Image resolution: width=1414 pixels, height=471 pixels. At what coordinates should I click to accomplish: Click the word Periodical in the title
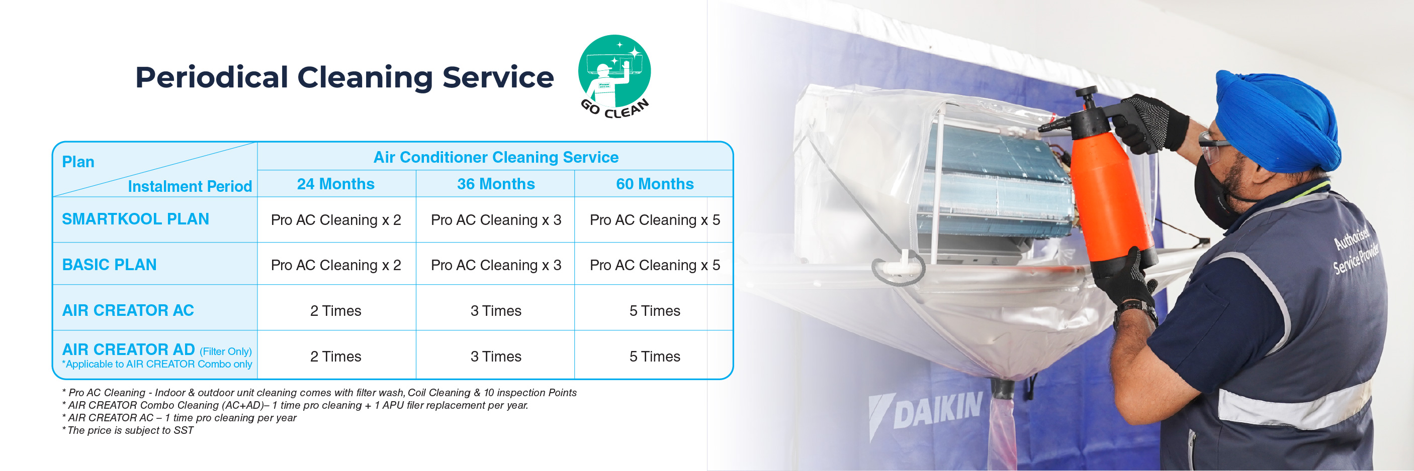click(211, 77)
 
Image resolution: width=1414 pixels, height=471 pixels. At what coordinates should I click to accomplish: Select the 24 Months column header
click(335, 184)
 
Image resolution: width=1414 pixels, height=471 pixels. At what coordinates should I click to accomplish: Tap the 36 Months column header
click(496, 184)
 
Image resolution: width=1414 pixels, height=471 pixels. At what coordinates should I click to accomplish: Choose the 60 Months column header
click(654, 184)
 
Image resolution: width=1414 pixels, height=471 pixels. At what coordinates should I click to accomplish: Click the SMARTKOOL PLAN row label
click(136, 219)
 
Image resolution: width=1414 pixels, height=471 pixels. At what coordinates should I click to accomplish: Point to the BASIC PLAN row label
click(109, 265)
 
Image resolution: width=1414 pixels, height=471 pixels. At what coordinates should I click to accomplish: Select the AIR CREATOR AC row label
click(128, 310)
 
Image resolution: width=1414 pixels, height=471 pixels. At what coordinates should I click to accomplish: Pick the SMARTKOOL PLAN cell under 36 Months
click(496, 220)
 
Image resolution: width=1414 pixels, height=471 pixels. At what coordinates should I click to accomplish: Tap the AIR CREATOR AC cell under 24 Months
click(335, 311)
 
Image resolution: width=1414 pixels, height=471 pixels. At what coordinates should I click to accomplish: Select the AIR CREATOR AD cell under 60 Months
click(654, 357)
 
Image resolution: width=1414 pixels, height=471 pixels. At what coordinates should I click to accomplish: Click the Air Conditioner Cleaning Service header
click(496, 157)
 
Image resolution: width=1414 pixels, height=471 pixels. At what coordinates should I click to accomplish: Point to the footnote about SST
click(128, 430)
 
